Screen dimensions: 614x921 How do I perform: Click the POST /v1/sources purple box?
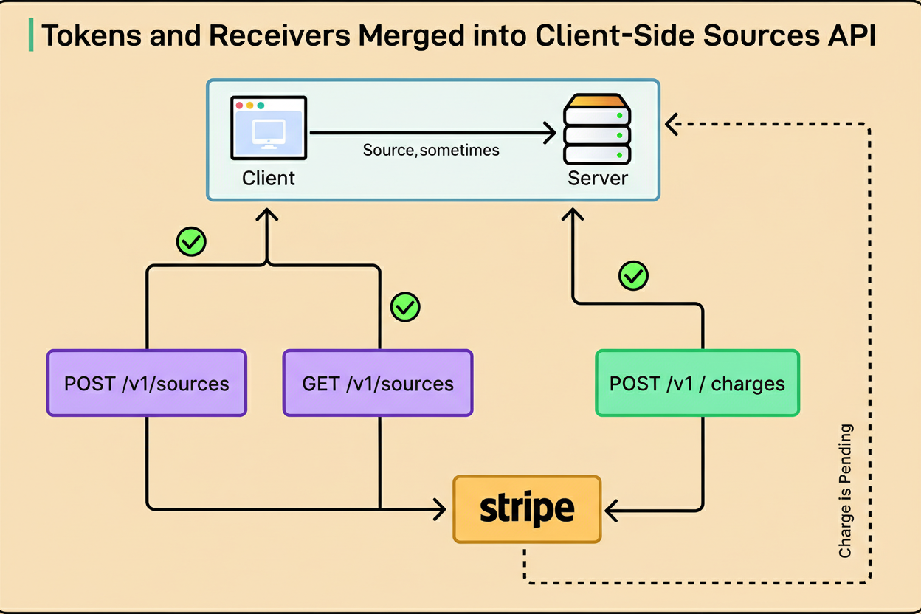pos(146,384)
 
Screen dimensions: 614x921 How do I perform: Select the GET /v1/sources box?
pos(378,384)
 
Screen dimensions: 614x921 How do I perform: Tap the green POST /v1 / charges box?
pos(697,384)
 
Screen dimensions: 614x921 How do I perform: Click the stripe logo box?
pos(527,508)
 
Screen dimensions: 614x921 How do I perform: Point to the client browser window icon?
pos(269,128)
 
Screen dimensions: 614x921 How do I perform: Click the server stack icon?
pos(597,129)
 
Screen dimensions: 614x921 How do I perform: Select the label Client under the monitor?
pos(269,179)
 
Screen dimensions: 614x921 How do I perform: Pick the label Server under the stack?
pos(598,179)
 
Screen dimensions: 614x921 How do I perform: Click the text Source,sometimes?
pos(431,151)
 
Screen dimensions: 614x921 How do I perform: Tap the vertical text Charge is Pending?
pos(846,491)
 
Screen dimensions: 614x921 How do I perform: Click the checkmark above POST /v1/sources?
pos(191,241)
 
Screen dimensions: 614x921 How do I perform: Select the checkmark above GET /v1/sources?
pos(404,306)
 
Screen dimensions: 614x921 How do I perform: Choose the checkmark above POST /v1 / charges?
pos(633,276)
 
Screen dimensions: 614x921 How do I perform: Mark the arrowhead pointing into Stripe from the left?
pos(441,508)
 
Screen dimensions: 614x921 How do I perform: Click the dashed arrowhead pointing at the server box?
pos(670,125)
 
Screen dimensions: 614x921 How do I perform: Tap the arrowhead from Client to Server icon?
pos(550,134)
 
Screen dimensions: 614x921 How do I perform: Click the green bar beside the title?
pos(30,36)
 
